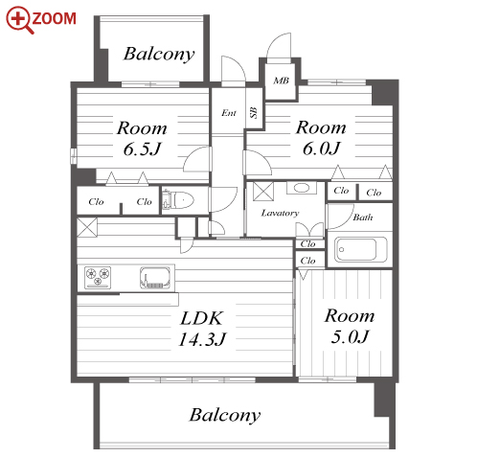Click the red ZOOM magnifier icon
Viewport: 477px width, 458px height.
[19, 19]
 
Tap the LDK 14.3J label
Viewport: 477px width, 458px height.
[202, 329]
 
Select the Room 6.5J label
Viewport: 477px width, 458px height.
[142, 139]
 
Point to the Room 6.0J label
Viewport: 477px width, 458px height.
[321, 138]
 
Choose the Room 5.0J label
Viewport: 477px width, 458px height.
[350, 327]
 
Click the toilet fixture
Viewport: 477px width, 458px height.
[178, 200]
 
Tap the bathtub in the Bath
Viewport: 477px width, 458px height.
[361, 250]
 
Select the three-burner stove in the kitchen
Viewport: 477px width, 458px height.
[98, 277]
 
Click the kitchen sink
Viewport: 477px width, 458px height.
[155, 278]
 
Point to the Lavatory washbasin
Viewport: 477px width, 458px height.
[302, 188]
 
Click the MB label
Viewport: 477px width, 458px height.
[282, 80]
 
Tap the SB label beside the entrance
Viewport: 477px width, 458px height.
[254, 112]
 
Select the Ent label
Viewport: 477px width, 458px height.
[229, 113]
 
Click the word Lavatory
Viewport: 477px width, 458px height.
[280, 213]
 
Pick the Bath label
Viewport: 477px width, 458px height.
[363, 218]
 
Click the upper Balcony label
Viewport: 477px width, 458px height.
[159, 54]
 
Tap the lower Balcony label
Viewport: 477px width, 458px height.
[225, 415]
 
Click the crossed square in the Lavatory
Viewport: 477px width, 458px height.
[263, 191]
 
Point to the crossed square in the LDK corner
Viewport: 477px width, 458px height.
[87, 227]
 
